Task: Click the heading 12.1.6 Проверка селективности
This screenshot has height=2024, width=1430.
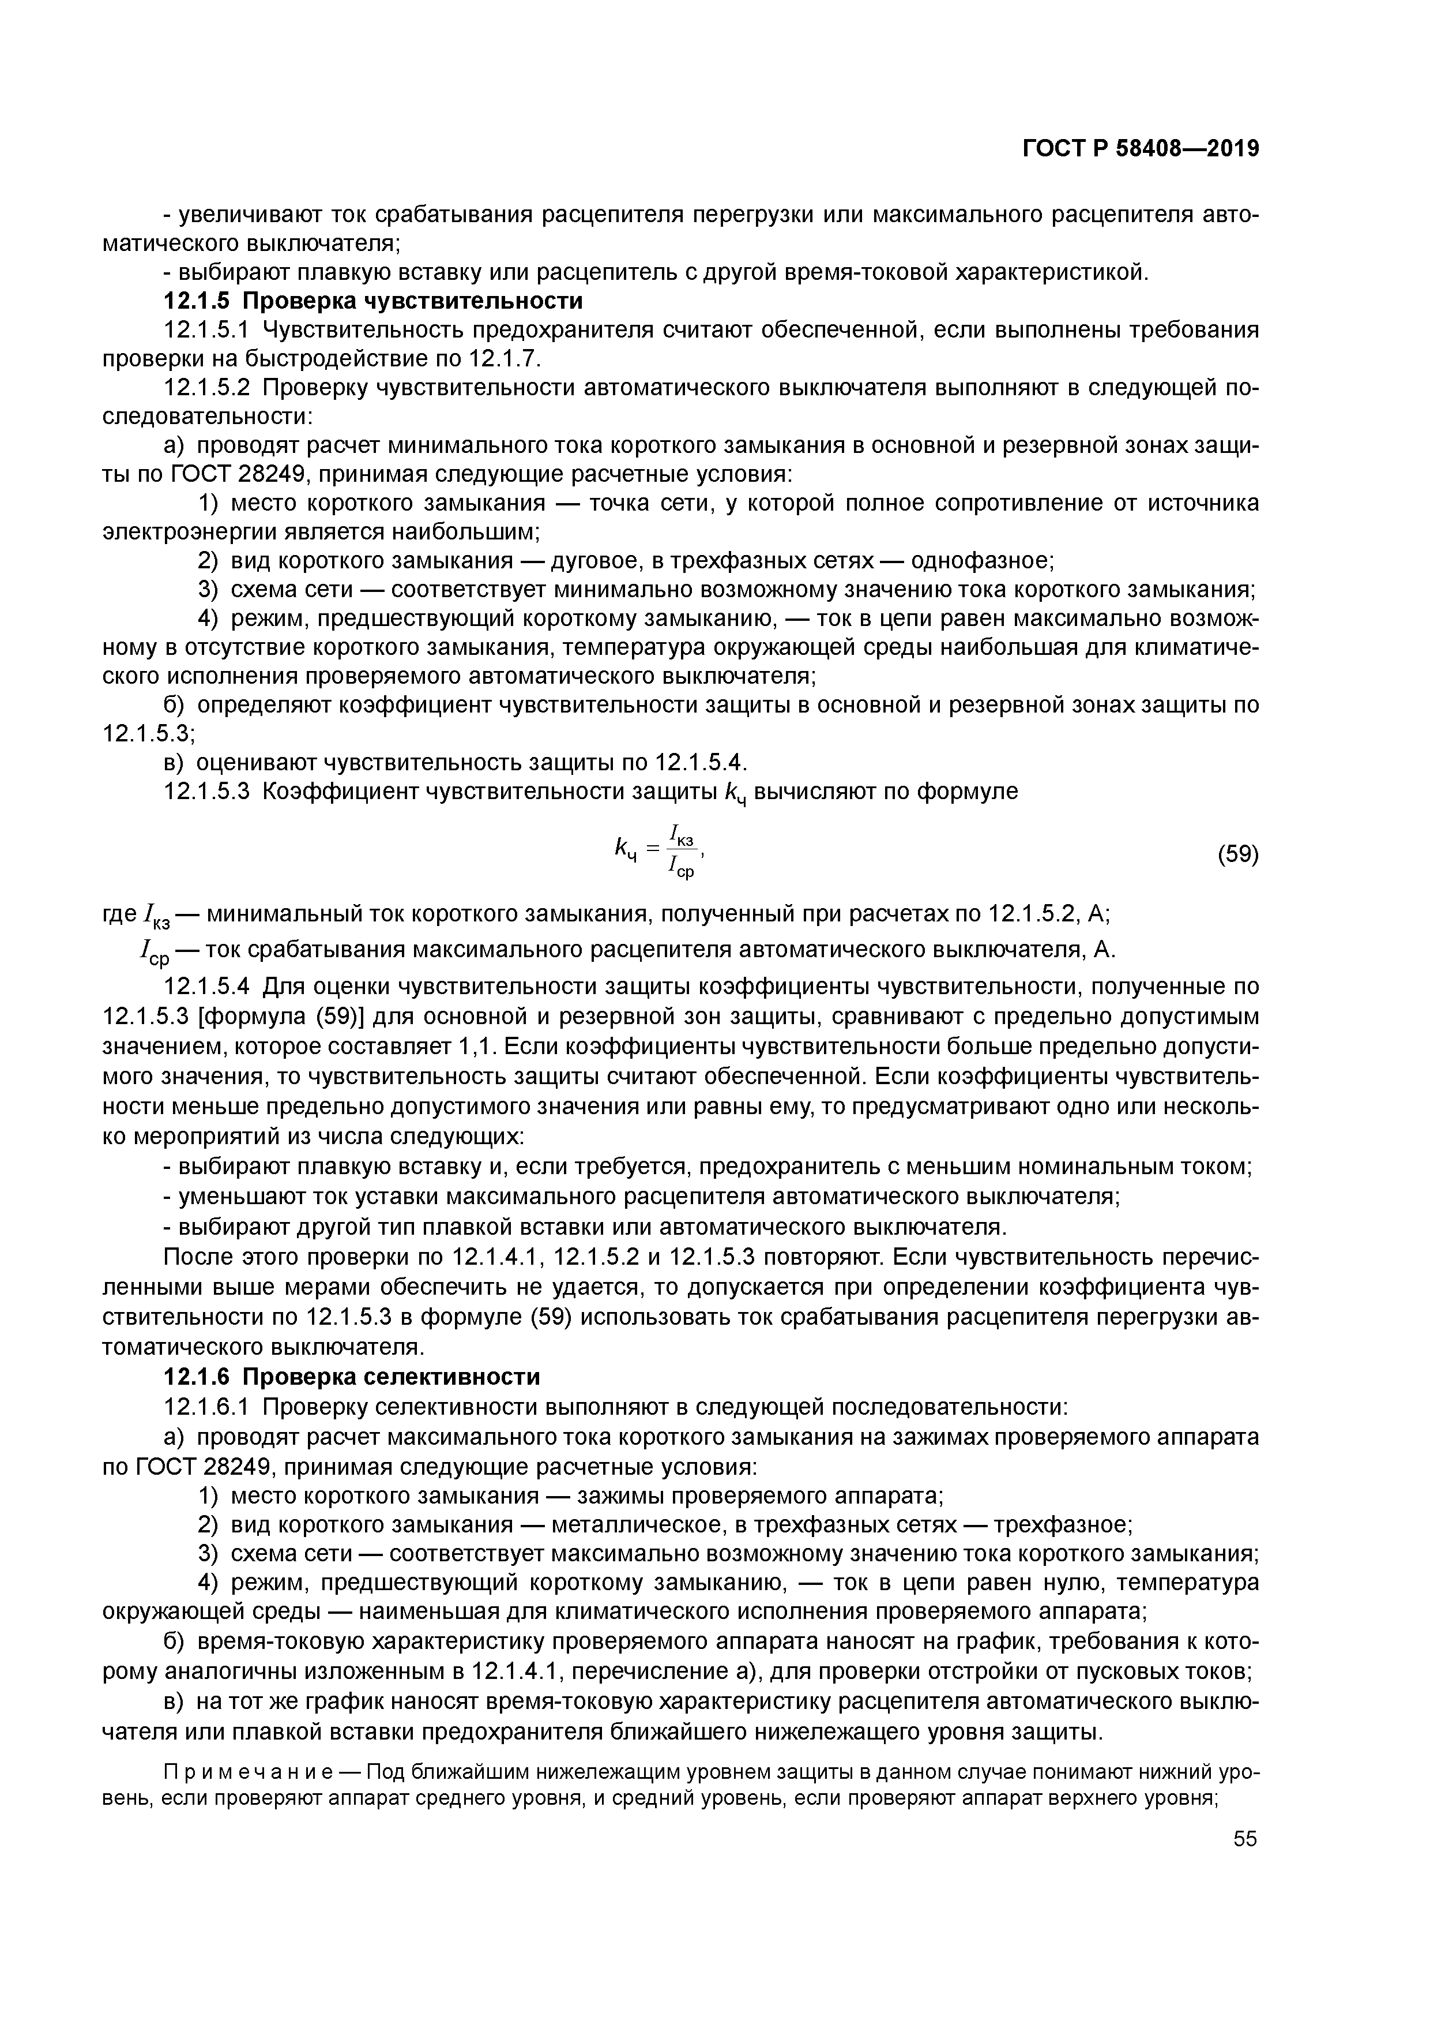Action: (x=352, y=1376)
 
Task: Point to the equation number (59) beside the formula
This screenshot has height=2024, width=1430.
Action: (x=1237, y=854)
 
